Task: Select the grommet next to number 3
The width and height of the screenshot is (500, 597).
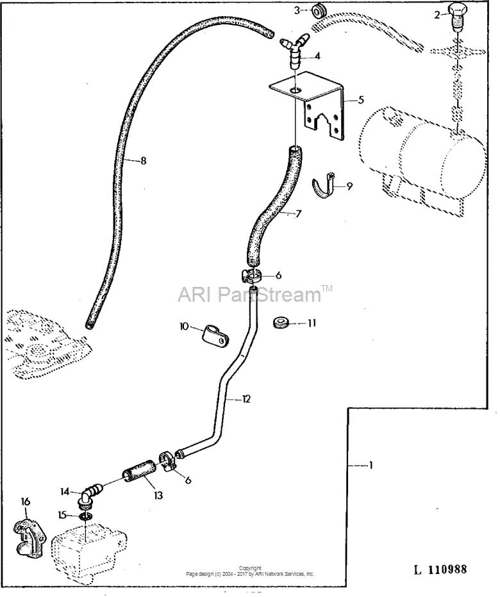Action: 319,11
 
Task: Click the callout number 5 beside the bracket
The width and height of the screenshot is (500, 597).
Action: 361,100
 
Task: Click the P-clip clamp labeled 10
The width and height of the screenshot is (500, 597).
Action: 214,336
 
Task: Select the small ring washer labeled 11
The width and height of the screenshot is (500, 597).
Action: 281,322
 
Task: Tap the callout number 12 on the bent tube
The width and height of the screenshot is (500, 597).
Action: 246,399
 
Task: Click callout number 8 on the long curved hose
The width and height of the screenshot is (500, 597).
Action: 144,161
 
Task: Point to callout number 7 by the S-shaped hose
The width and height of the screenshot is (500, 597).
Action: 299,213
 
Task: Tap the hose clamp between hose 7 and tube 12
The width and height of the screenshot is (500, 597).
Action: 251,275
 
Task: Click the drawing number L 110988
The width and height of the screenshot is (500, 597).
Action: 440,569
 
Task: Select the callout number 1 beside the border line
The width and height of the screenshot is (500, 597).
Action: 370,465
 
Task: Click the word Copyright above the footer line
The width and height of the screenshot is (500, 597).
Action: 250,568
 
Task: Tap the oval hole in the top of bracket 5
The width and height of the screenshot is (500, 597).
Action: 295,90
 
